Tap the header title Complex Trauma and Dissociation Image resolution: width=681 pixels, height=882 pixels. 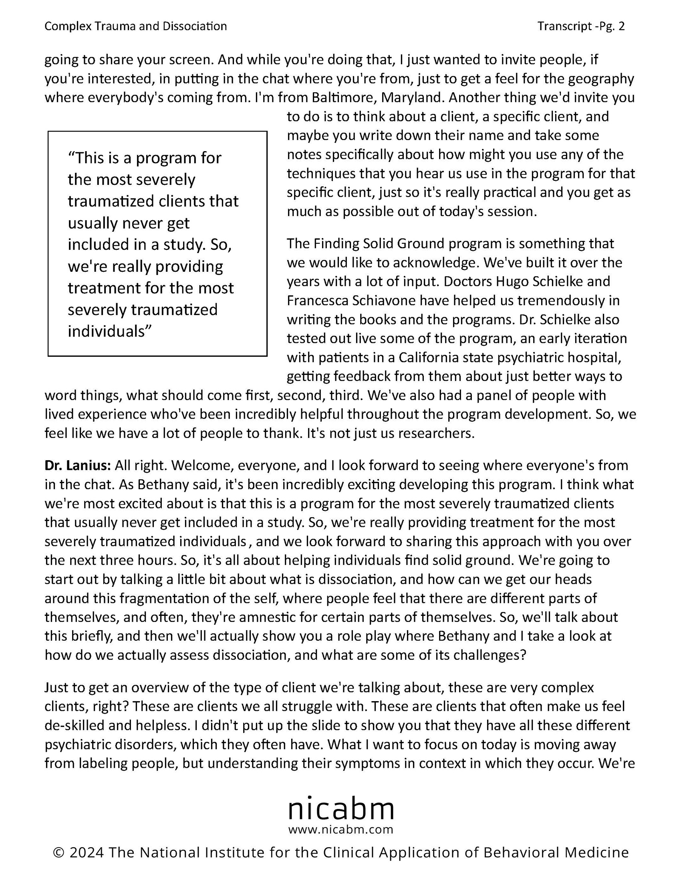click(135, 26)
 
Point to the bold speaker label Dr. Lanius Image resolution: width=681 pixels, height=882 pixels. click(77, 465)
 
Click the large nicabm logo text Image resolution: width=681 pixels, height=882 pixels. click(341, 809)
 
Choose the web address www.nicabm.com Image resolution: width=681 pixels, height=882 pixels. click(341, 830)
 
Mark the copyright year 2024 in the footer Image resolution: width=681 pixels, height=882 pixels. click(87, 853)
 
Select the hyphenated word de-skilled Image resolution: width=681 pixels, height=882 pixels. click(74, 725)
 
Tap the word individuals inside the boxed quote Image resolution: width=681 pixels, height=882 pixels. click(106, 331)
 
